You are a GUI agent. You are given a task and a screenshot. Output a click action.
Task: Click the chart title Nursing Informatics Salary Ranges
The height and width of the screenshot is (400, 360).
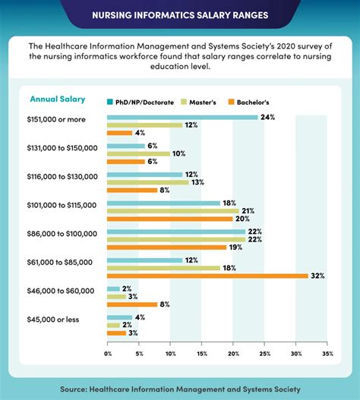coord(180,14)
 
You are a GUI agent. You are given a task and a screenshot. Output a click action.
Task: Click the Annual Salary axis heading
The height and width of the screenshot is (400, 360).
coord(58,99)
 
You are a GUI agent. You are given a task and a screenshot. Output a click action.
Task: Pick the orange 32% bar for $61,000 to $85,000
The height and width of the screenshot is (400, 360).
coord(207,276)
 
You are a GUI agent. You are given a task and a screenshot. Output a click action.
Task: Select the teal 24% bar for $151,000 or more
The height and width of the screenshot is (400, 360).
coord(182,118)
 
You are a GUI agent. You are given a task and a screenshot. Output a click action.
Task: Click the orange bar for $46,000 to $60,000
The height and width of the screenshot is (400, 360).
coord(132,304)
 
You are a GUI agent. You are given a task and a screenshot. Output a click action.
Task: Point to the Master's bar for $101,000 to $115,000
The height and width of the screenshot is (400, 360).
coord(172,211)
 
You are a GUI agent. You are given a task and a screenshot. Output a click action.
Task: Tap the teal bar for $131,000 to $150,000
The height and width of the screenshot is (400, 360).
coord(126,146)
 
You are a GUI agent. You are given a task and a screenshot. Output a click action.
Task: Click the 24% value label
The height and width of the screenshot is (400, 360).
coord(267,118)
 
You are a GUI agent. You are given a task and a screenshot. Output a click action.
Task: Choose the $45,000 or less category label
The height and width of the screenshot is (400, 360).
coord(65,319)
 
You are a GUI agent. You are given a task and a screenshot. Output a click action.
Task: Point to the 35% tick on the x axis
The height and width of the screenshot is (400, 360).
coord(327,354)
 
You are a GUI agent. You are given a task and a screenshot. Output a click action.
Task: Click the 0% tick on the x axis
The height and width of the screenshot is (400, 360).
coord(108,354)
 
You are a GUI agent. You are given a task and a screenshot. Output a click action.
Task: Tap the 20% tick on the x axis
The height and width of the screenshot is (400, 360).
coord(233,354)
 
